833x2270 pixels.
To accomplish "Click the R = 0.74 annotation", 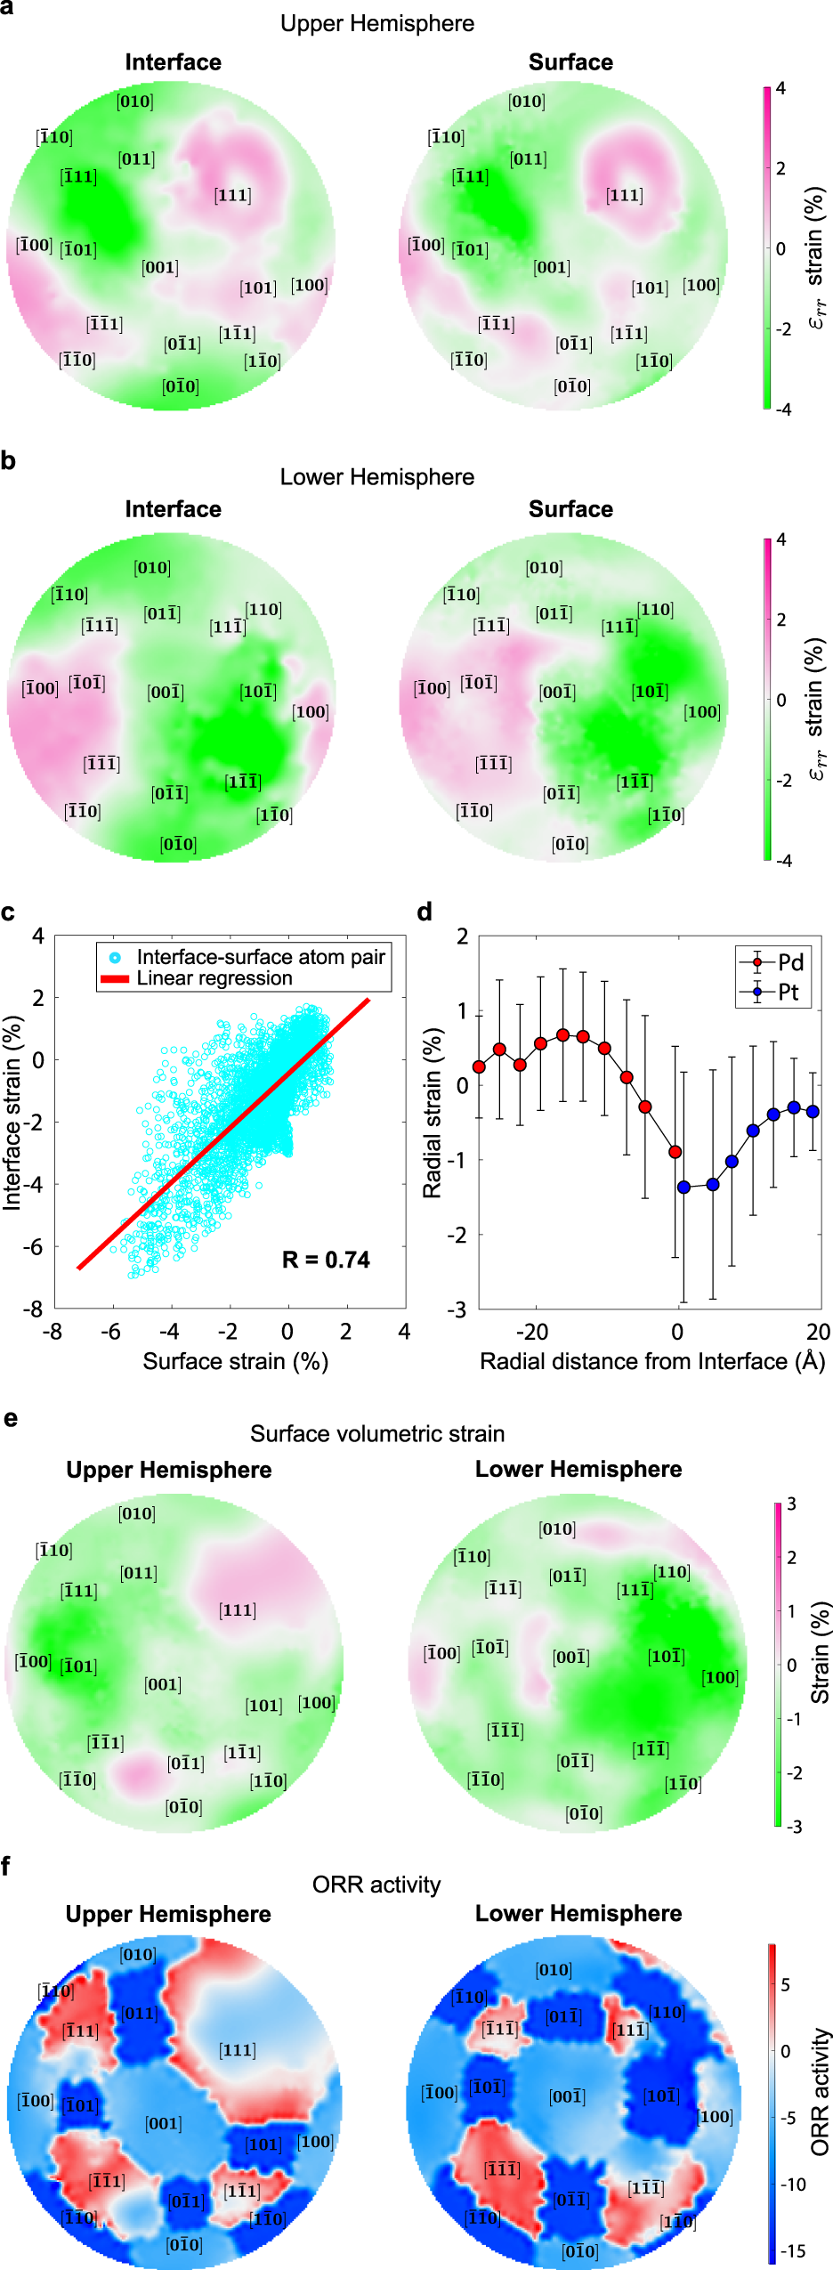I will coord(325,1259).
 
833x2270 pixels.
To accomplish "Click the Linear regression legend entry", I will coord(213,978).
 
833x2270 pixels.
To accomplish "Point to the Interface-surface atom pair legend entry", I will coord(260,957).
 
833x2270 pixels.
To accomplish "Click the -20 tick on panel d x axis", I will coord(532,1332).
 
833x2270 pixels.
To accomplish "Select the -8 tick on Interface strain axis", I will coord(33,1309).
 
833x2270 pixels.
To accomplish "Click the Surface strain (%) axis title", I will coord(235,1361).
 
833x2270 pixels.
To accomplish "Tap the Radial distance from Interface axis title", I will coord(652,1361).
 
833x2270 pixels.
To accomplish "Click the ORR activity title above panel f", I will coord(376,1885).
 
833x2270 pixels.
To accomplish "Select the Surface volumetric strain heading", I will coord(376,1433).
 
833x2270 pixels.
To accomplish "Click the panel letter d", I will coord(425,912).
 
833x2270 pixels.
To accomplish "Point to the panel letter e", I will coord(10,1418).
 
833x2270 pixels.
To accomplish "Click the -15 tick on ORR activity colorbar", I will coord(792,2251).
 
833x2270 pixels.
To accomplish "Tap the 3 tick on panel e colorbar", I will coord(791,1504).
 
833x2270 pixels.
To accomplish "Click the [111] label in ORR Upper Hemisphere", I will coord(237,2050).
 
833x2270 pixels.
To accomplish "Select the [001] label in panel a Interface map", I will coord(160,267).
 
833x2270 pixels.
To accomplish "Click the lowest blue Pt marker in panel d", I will coord(683,1187).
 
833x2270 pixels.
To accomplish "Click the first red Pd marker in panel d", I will coord(479,1066).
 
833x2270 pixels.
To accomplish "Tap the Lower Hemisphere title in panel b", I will coord(376,477).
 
